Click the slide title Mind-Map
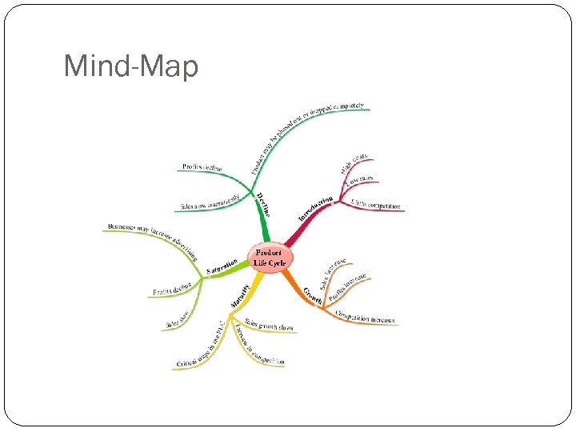pyautogui.click(x=130, y=66)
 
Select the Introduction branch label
pyautogui.click(x=316, y=208)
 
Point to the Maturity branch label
pyautogui.click(x=241, y=294)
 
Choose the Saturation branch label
pyautogui.click(x=222, y=266)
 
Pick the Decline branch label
pyautogui.click(x=263, y=204)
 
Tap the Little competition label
pyautogui.click(x=376, y=206)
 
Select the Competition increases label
pyautogui.click(x=365, y=317)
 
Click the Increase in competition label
pyautogui.click(x=259, y=346)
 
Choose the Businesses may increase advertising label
pyautogui.click(x=152, y=241)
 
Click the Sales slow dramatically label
pyautogui.click(x=210, y=200)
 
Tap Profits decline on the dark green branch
pyautogui.click(x=202, y=166)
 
